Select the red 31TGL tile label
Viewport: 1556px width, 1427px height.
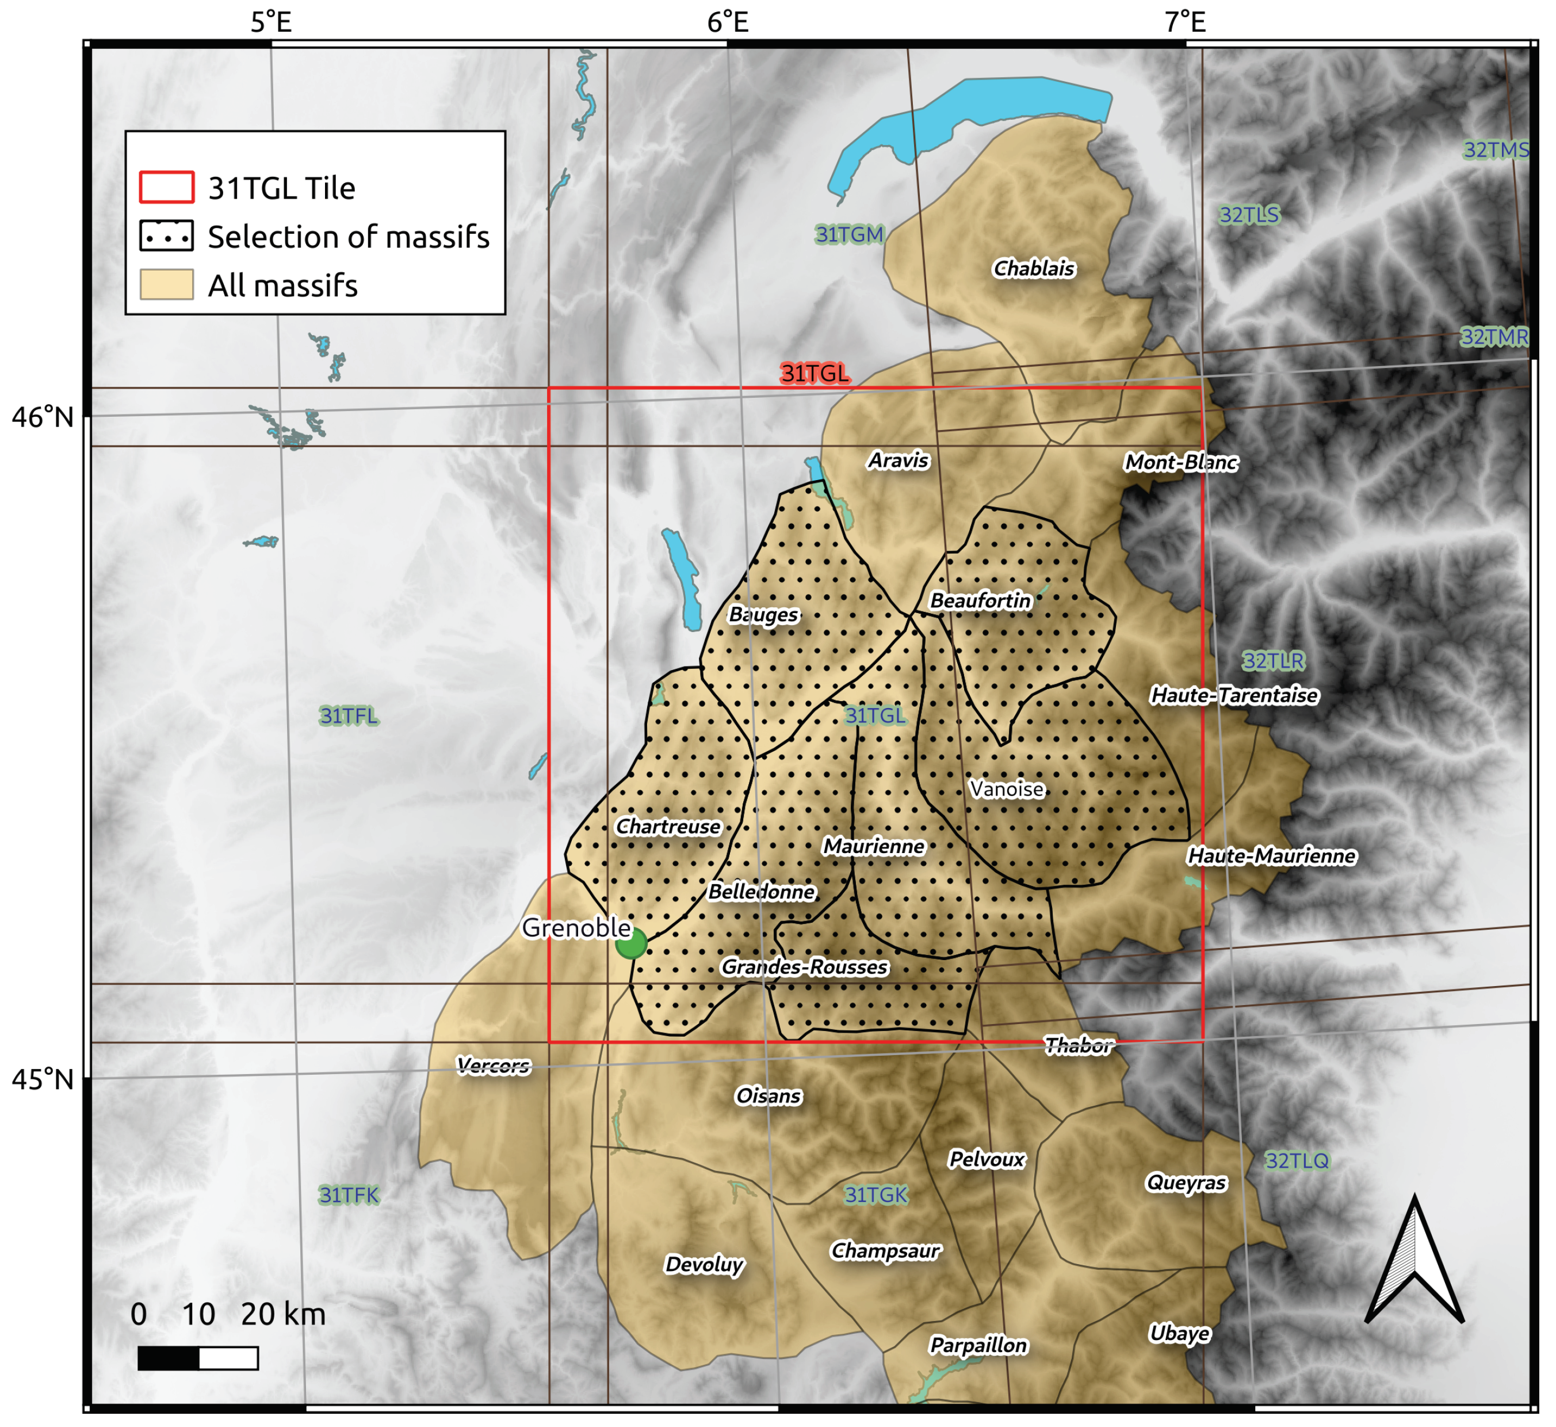point(815,374)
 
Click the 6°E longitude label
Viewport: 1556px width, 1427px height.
point(727,22)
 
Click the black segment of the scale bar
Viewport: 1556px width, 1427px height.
point(169,1358)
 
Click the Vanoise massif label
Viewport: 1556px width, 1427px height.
point(1007,789)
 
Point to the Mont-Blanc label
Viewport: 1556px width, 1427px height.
point(1181,463)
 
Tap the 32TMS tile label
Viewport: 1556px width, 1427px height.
point(1496,150)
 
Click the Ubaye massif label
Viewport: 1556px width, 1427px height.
point(1179,1334)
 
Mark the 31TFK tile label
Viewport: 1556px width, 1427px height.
point(349,1196)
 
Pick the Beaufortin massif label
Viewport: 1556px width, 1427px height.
point(980,601)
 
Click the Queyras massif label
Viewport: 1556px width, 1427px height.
point(1186,1183)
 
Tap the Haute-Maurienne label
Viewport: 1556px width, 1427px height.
point(1271,857)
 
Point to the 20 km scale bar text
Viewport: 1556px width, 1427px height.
point(283,1314)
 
